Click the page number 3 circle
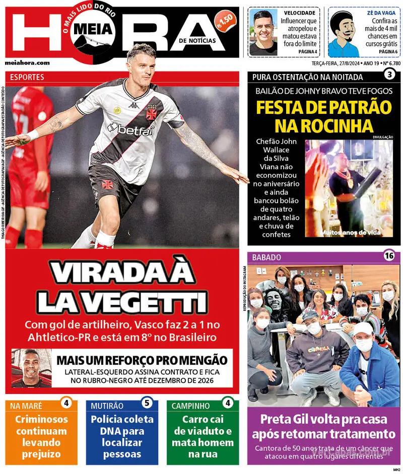point(389,75)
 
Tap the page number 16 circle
point(389,255)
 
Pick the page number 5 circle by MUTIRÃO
point(146,403)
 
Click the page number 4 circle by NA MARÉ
point(66,403)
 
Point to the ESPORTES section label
point(27,78)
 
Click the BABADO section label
point(266,257)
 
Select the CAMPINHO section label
point(190,405)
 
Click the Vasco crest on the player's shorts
point(108,184)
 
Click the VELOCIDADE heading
point(300,13)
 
